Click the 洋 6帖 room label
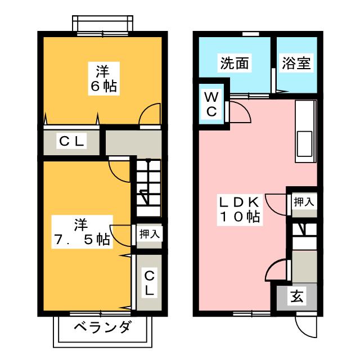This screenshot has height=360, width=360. pyautogui.click(x=102, y=78)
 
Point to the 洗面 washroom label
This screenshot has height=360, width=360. pyautogui.click(x=234, y=64)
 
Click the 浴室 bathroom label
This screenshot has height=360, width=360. pyautogui.click(x=295, y=64)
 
